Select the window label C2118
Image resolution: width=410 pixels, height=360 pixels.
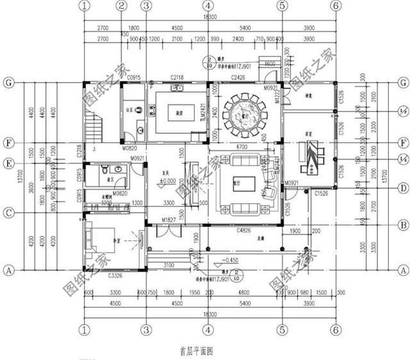[177, 78]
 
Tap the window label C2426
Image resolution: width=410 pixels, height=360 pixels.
[239, 78]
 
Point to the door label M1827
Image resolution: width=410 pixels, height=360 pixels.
[168, 220]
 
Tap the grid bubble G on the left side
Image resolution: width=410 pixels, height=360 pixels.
[9, 83]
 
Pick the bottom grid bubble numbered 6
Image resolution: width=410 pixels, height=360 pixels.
[334, 330]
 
